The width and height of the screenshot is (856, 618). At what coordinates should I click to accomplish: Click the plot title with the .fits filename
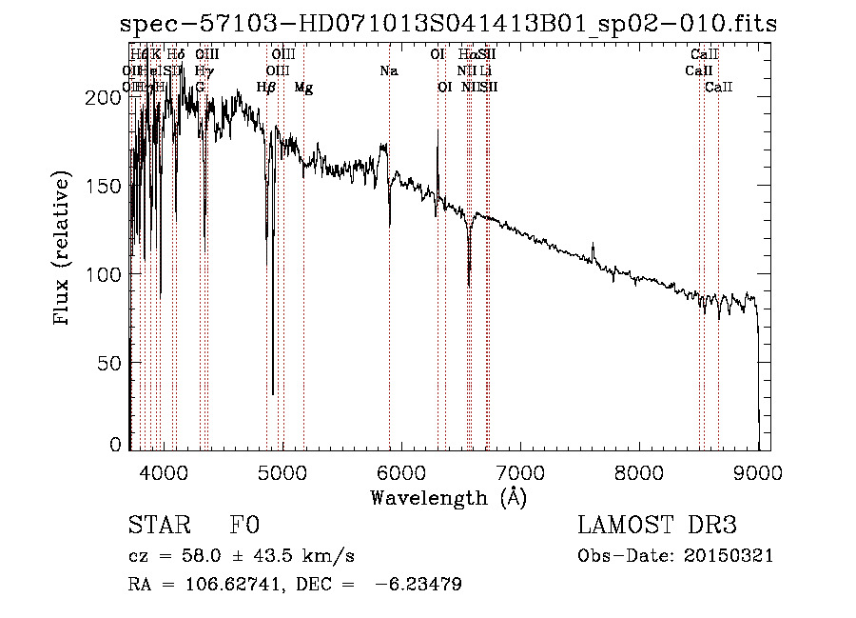[x=449, y=25]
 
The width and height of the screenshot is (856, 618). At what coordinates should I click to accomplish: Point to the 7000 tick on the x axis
[x=519, y=470]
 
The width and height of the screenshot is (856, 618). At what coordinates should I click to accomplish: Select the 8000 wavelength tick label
[x=638, y=470]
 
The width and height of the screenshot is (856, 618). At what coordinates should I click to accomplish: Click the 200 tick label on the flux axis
[x=105, y=97]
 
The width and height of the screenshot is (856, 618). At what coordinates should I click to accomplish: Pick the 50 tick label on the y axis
[x=110, y=364]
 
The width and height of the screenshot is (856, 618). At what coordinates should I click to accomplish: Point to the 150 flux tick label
[x=105, y=186]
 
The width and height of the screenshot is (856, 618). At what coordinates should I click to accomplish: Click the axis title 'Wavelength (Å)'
[x=448, y=497]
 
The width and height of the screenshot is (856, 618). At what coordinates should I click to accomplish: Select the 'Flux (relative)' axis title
[x=63, y=249]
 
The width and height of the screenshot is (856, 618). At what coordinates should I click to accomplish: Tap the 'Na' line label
[x=388, y=70]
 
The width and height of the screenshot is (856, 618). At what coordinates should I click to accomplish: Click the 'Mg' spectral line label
[x=303, y=88]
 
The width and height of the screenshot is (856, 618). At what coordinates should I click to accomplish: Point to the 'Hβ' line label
[x=266, y=88]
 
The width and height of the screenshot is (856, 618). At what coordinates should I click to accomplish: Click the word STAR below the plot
[x=159, y=526]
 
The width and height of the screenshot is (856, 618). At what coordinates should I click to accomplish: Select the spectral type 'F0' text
[x=244, y=526]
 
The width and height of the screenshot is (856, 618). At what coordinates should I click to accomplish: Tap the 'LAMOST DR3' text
[x=657, y=526]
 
